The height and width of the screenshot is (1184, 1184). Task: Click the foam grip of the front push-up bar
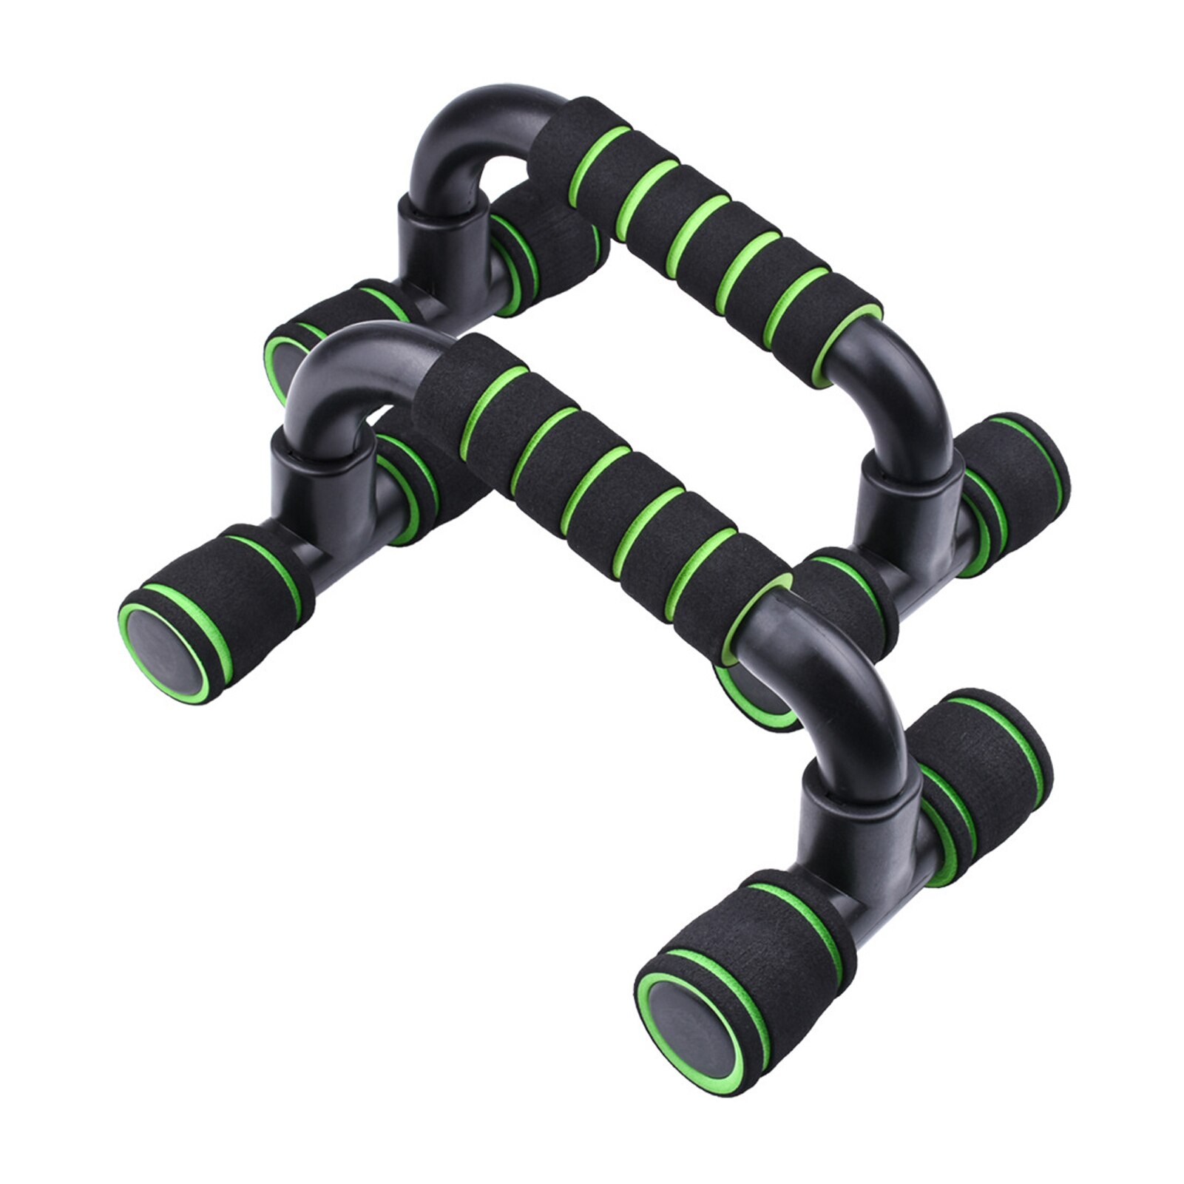tap(592, 488)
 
